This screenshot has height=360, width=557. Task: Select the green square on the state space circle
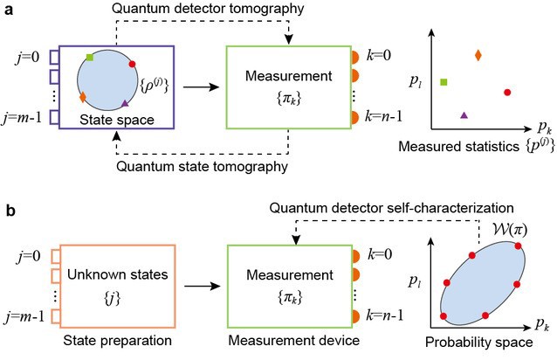point(90,58)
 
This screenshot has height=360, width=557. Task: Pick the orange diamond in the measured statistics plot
point(478,56)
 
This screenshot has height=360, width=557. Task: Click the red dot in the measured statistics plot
point(507,92)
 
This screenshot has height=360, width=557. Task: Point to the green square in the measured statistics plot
point(444,82)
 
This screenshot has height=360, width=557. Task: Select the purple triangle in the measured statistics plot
point(464,114)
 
